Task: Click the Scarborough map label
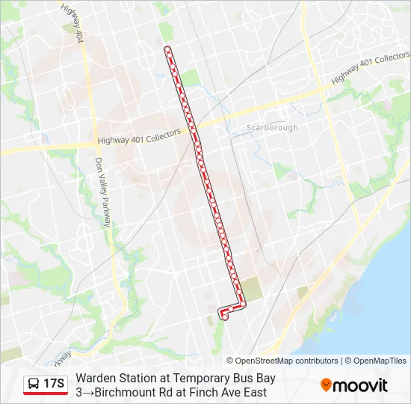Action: click(x=272, y=128)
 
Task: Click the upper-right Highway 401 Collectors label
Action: click(x=371, y=68)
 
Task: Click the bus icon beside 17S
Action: click(x=34, y=385)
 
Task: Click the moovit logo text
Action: click(x=362, y=385)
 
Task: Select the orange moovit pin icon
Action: click(x=326, y=385)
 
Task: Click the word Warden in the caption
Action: click(x=96, y=379)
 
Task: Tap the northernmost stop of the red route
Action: click(x=167, y=49)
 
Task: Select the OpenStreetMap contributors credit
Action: click(x=282, y=361)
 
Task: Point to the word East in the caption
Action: click(x=253, y=392)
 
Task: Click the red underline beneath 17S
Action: click(x=45, y=394)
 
